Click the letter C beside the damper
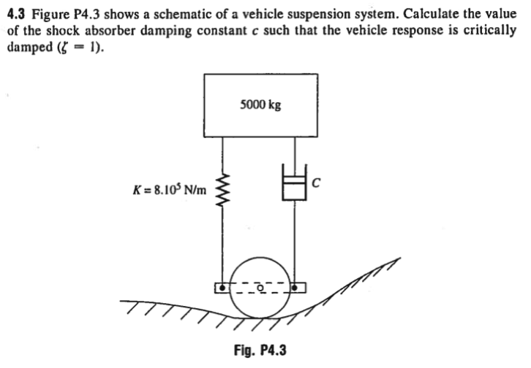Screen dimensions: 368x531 pyautogui.click(x=317, y=183)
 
